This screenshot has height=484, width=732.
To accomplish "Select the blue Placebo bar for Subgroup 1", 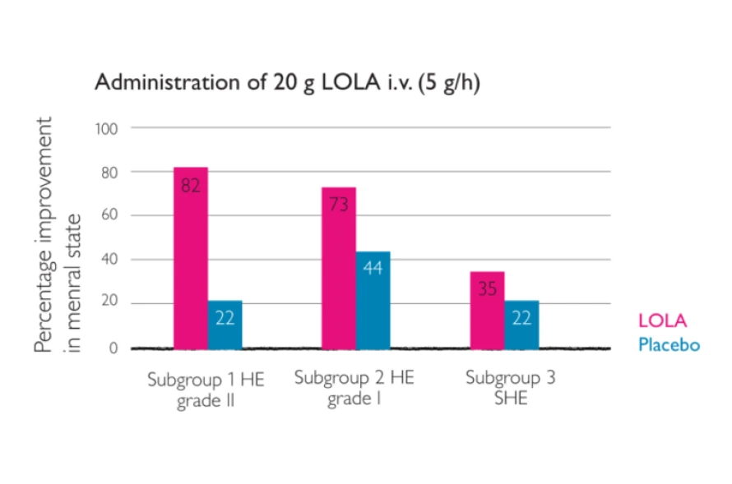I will tap(225, 325).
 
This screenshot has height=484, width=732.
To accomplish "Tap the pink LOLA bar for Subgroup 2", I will tap(338, 267).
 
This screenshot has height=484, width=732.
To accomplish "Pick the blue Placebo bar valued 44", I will tap(373, 299).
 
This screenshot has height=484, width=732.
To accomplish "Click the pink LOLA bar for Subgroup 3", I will tap(487, 310).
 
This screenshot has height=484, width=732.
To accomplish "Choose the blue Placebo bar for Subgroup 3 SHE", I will tap(521, 325).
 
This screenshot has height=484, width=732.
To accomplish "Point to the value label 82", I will tap(190, 186).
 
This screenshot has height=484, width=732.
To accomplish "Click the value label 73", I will tap(338, 205).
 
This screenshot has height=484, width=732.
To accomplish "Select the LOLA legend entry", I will tap(662, 321).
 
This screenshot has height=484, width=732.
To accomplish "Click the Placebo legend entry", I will tap(669, 345).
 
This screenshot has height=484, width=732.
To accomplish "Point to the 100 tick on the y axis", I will tap(108, 128).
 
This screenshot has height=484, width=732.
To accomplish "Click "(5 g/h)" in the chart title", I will tap(455, 84).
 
